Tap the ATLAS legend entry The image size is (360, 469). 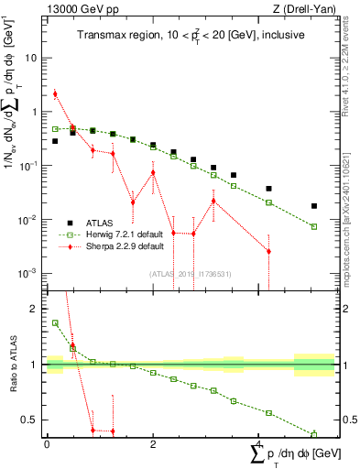pos(101,223)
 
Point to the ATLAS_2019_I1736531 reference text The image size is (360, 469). pos(191,273)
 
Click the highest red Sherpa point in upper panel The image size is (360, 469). pos(56,93)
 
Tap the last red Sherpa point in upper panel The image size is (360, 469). pos(268,251)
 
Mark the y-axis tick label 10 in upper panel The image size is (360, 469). pos(30,58)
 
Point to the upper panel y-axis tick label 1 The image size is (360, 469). pos(34,112)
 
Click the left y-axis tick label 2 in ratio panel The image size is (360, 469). pos(34,309)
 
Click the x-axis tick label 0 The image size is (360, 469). pos(47,443)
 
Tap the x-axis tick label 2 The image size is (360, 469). pos(153,443)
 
